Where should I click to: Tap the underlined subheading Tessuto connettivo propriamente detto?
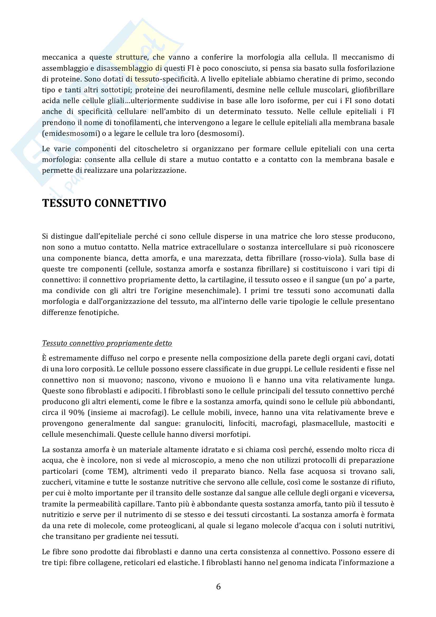tap(107, 343)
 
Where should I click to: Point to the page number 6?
tap(218, 586)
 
